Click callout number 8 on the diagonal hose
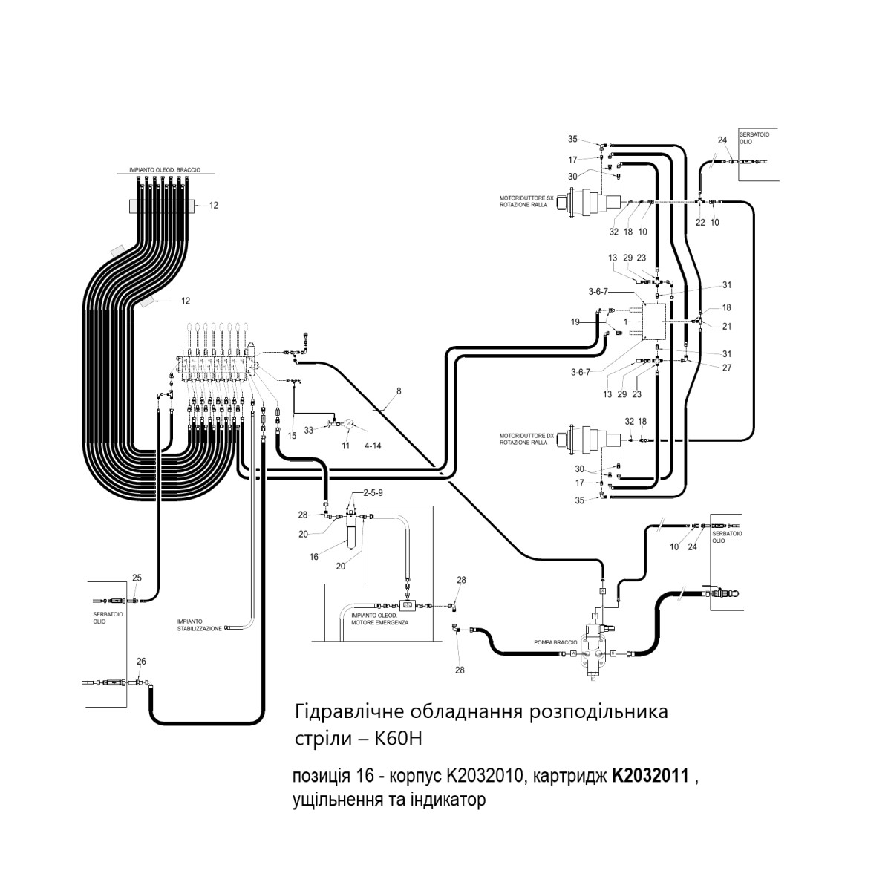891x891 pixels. pyautogui.click(x=399, y=391)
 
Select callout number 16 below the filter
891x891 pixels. pyautogui.click(x=314, y=557)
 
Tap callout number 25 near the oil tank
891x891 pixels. pyautogui.click(x=137, y=578)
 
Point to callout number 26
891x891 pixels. pyautogui.click(x=142, y=662)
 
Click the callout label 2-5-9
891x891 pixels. pyautogui.click(x=373, y=493)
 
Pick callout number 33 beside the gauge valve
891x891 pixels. pyautogui.click(x=308, y=431)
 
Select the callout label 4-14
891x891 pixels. pyautogui.click(x=373, y=446)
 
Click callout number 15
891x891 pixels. pyautogui.click(x=292, y=436)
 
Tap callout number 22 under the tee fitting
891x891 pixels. pyautogui.click(x=700, y=223)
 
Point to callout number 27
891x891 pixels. pyautogui.click(x=727, y=368)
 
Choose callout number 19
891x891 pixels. pyautogui.click(x=575, y=322)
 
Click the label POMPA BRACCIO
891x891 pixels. pyautogui.click(x=556, y=643)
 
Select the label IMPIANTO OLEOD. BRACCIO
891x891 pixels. pyautogui.click(x=165, y=170)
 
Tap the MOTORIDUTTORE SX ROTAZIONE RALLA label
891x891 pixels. pyautogui.click(x=526, y=202)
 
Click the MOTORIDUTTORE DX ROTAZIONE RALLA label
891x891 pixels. pyautogui.click(x=526, y=440)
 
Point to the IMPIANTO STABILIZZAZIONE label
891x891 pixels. pyautogui.click(x=200, y=626)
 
